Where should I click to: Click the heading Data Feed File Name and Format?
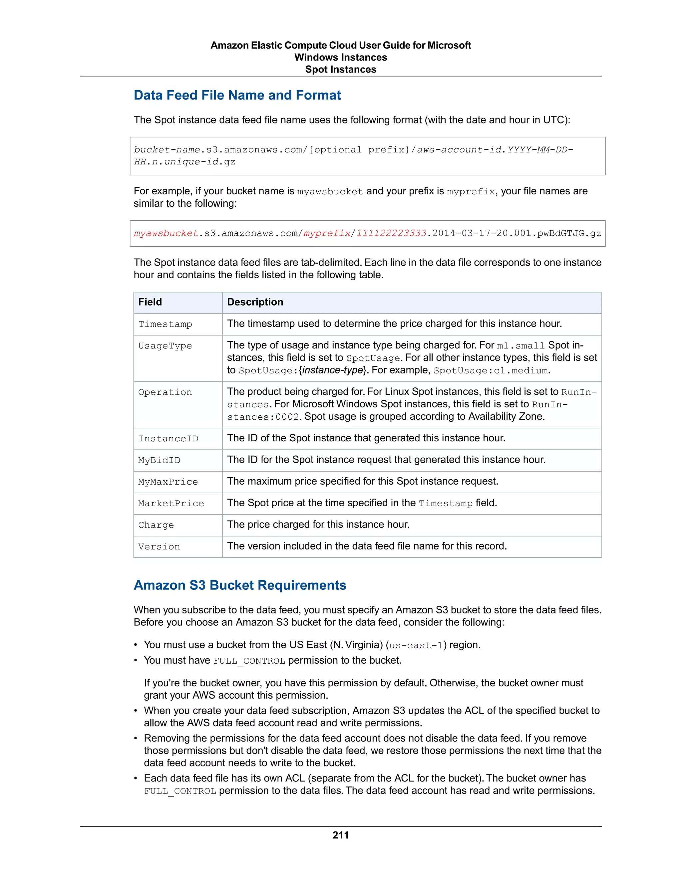(x=237, y=95)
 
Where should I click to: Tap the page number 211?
(x=341, y=835)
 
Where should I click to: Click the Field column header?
(x=150, y=302)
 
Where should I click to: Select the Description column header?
(x=255, y=302)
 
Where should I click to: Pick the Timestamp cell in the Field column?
(x=165, y=324)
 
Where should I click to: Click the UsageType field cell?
(x=165, y=346)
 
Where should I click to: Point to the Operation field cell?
(x=165, y=392)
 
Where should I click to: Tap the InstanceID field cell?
(x=168, y=439)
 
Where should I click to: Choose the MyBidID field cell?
(x=159, y=460)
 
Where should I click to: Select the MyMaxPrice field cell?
(x=168, y=482)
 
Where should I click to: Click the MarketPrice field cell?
(x=171, y=504)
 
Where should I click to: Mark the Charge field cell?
(x=156, y=525)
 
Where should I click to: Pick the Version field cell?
(x=159, y=547)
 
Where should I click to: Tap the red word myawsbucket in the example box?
(x=166, y=233)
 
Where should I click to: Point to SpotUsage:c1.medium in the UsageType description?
(x=491, y=371)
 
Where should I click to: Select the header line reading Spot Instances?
(x=341, y=70)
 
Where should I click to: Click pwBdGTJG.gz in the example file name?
(x=569, y=233)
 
